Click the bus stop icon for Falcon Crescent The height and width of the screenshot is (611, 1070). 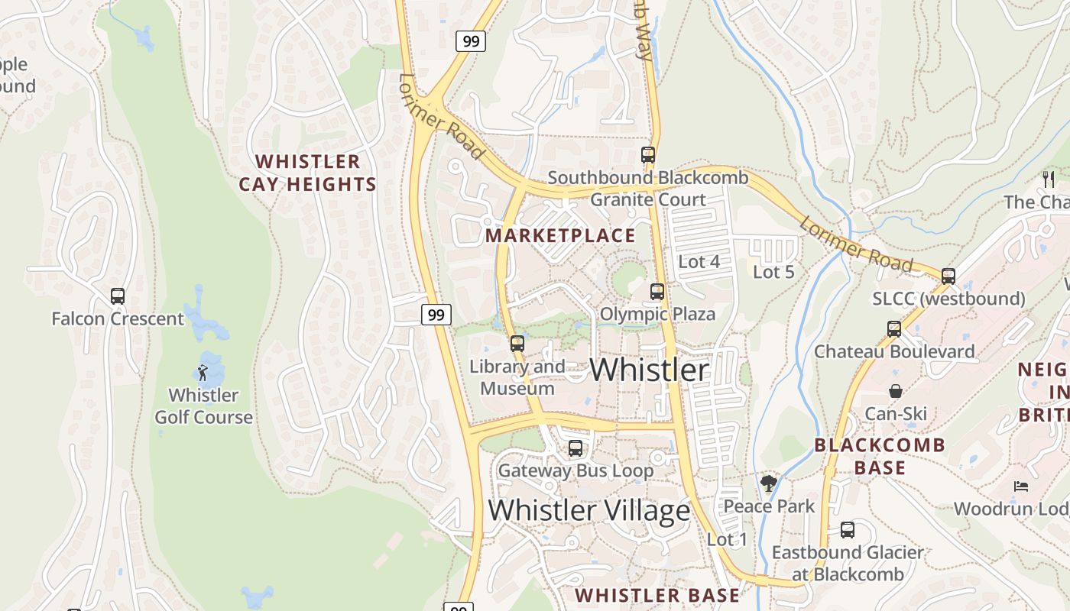[x=118, y=296]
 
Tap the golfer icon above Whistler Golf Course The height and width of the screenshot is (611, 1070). [x=203, y=373]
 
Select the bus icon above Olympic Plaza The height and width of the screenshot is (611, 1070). [x=657, y=292]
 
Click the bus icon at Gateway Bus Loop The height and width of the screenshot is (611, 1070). [x=576, y=448]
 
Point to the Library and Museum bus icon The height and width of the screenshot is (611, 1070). [x=517, y=344]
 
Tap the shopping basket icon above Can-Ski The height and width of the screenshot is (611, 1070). [x=895, y=391]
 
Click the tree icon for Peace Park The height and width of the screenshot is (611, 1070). [x=768, y=483]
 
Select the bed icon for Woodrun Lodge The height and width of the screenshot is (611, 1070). [x=1020, y=487]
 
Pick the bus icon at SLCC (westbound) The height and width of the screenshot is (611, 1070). [x=948, y=276]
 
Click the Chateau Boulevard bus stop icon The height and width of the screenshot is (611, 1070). [x=894, y=329]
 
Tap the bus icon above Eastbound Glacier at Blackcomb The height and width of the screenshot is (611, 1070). [x=848, y=530]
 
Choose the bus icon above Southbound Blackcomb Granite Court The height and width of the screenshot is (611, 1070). [x=648, y=155]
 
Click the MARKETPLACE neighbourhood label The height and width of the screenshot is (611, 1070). [x=560, y=235]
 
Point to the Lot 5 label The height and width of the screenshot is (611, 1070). [x=773, y=272]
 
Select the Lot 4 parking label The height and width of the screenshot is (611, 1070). [x=699, y=262]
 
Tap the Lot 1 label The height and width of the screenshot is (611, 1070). [x=727, y=539]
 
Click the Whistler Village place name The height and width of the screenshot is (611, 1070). [x=588, y=510]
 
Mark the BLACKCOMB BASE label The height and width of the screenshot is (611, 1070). [x=879, y=456]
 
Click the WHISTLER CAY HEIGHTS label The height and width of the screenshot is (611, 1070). [x=307, y=173]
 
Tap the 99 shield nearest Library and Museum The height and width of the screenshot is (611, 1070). [x=436, y=314]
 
